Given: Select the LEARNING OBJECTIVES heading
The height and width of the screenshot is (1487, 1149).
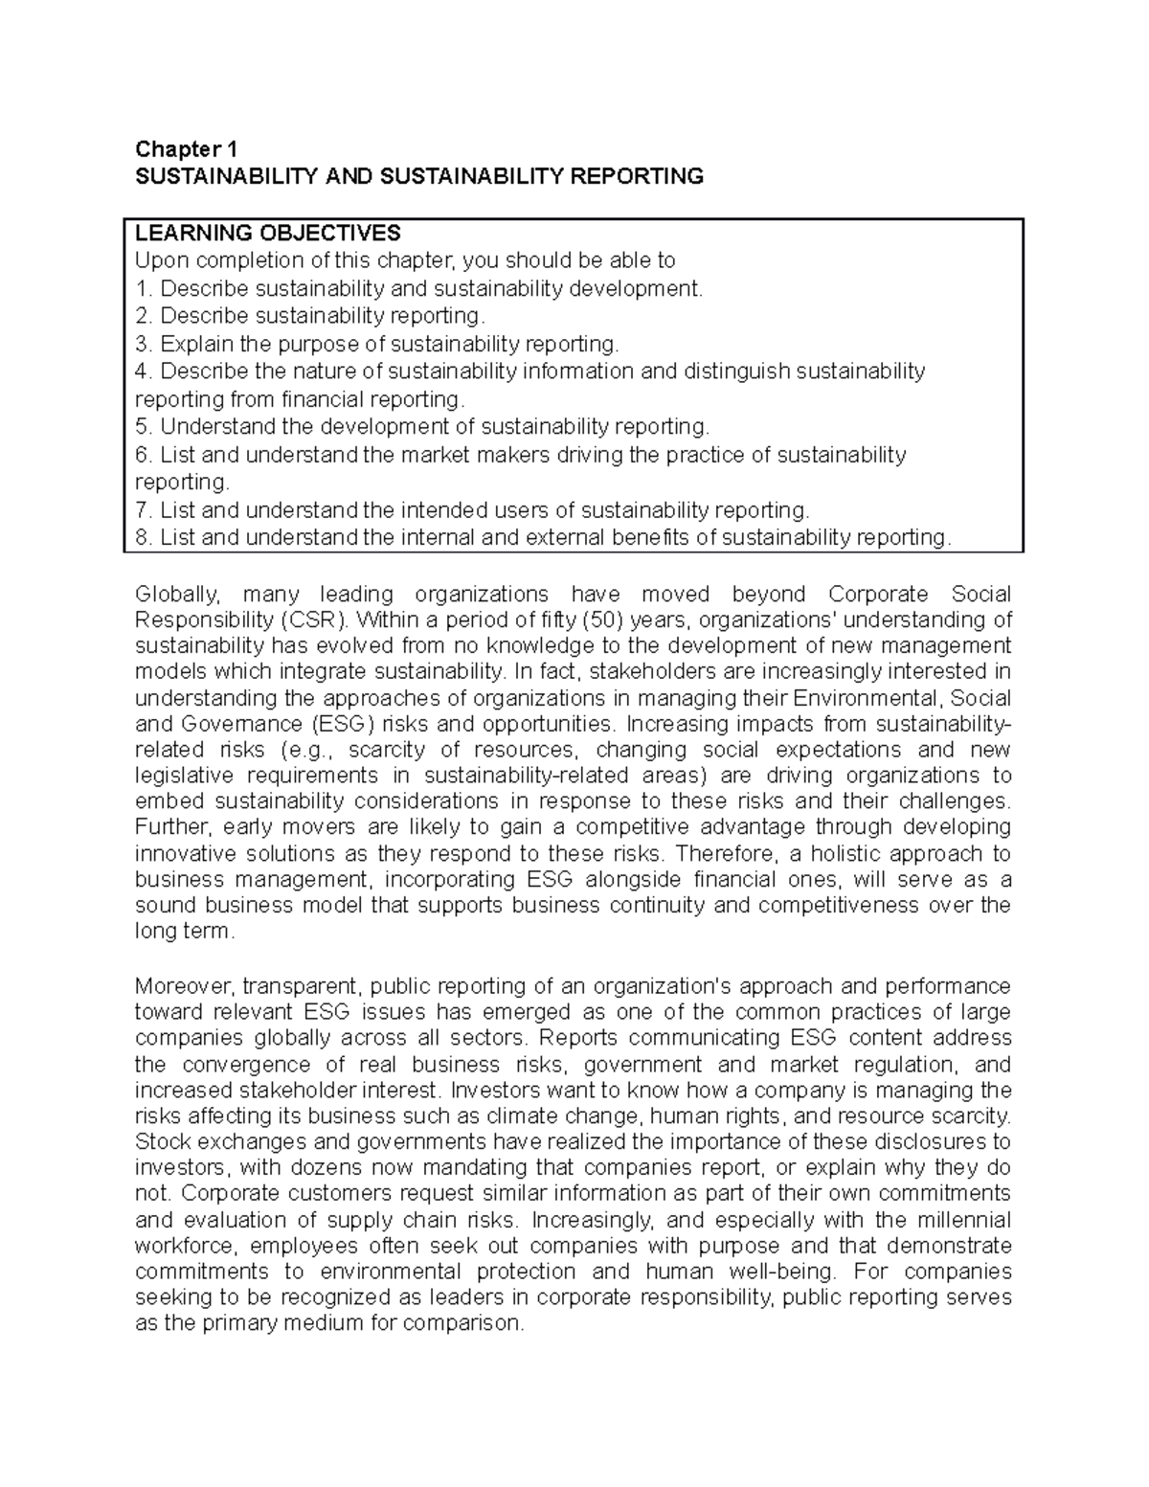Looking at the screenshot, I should point(267,234).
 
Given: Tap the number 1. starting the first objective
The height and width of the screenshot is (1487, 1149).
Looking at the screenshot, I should point(144,288).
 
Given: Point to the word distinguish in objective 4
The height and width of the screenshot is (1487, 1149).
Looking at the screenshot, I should point(736,372).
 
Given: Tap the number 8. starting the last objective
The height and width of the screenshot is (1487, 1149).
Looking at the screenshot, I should point(144,538).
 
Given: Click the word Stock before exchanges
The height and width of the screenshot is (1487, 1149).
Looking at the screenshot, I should point(161,1142).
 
